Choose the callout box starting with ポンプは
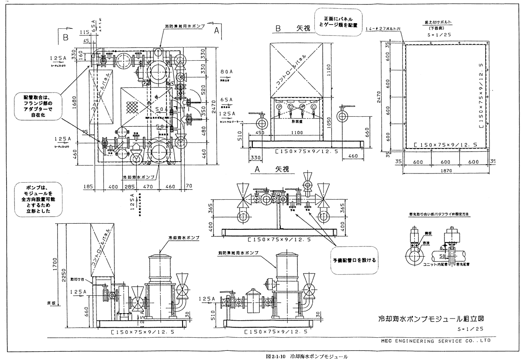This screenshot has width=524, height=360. coord(38,199)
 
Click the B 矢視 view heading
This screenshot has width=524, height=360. coord(292,29)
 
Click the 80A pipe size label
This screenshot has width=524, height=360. coord(226,72)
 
